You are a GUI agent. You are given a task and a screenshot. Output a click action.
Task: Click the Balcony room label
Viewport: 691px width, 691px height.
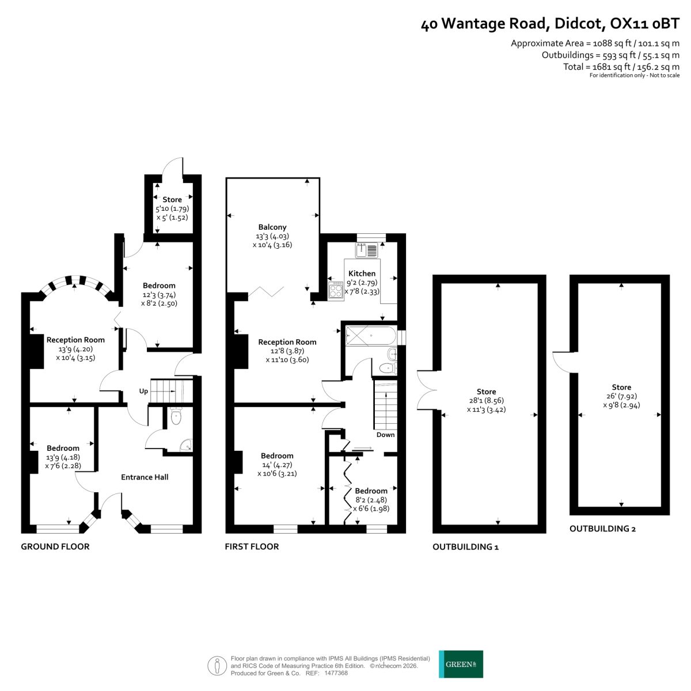(272, 227)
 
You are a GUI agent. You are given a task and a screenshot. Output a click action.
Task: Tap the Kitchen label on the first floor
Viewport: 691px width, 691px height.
(362, 274)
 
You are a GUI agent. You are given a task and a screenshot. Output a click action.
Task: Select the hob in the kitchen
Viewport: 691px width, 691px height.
(336, 290)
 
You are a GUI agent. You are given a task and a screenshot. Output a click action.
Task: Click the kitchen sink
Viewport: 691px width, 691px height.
(366, 250)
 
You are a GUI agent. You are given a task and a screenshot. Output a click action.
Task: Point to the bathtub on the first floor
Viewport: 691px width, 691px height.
(371, 336)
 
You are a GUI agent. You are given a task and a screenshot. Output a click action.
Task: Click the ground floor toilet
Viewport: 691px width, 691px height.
(176, 416)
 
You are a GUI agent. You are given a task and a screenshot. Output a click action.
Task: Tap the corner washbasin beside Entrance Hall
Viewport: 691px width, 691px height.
(187, 445)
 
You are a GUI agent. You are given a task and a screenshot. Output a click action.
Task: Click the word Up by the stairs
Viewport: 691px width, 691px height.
(143, 391)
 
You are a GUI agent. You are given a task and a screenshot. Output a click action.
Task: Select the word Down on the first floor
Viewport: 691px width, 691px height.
(385, 435)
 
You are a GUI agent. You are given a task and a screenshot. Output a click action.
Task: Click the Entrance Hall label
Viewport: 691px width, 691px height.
(145, 477)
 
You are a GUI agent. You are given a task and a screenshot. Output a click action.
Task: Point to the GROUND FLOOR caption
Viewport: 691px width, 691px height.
(55, 546)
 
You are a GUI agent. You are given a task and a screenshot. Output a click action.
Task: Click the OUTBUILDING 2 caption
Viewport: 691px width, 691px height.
(602, 529)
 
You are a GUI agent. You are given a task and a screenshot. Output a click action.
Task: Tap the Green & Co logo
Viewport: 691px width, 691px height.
(461, 664)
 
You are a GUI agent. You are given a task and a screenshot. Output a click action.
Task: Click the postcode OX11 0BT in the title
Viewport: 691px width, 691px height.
(645, 24)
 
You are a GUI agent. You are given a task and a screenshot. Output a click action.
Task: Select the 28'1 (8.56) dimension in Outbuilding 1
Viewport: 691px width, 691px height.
(486, 401)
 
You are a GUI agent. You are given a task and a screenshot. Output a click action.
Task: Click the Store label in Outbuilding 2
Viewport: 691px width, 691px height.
(621, 388)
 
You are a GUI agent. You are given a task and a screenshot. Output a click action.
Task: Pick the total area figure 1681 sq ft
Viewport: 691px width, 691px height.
(611, 67)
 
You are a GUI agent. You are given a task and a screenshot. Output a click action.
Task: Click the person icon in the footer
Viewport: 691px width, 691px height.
(217, 666)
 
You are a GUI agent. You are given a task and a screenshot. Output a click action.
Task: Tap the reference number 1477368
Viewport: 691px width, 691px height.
(336, 673)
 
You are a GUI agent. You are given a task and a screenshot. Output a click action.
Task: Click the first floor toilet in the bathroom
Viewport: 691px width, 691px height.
(388, 368)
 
